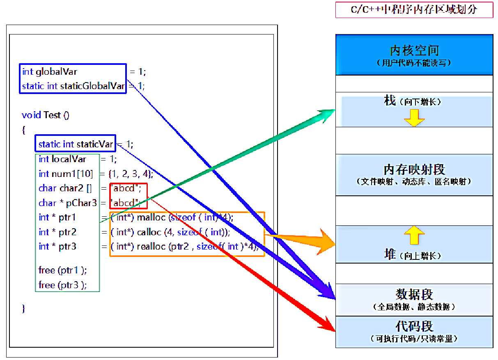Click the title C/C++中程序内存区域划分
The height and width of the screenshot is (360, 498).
tap(414, 9)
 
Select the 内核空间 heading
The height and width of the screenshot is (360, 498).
tap(414, 51)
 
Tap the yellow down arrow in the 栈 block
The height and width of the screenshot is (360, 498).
tap(414, 117)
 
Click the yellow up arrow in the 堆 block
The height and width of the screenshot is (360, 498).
tap(414, 235)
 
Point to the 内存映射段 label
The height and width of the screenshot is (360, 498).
tap(414, 170)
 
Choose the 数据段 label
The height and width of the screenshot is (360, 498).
tap(414, 294)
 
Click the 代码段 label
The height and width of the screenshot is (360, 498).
tap(414, 327)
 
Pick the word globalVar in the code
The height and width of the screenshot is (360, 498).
tap(56, 72)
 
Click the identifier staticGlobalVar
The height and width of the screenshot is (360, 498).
tap(92, 86)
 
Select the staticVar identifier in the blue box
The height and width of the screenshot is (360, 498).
tap(95, 144)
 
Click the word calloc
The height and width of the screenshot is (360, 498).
tap(149, 232)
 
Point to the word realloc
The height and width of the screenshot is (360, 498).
tap(151, 247)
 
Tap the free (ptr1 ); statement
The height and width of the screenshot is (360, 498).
tap(63, 270)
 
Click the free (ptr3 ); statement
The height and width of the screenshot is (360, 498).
tap(63, 285)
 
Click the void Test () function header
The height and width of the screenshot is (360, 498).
tap(46, 115)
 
